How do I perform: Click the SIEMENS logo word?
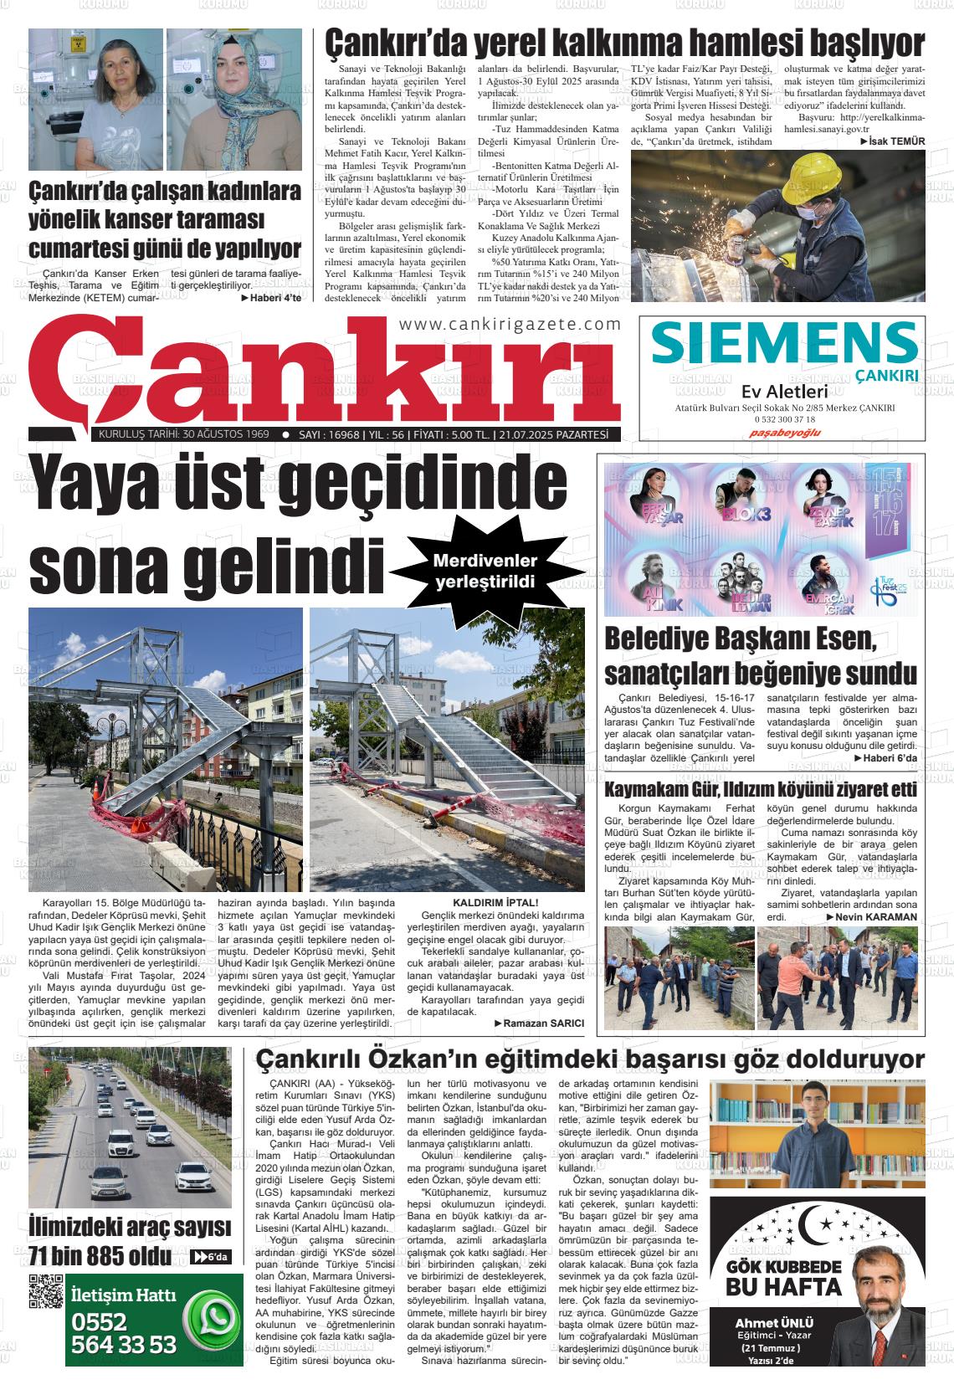point(784,343)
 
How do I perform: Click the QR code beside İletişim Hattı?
point(46,1290)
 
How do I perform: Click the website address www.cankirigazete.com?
point(510,325)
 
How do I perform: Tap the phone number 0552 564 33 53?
point(125,1332)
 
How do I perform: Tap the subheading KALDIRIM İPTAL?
point(495,903)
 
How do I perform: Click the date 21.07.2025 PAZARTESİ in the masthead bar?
point(552,434)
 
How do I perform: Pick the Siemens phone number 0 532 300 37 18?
point(785,418)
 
